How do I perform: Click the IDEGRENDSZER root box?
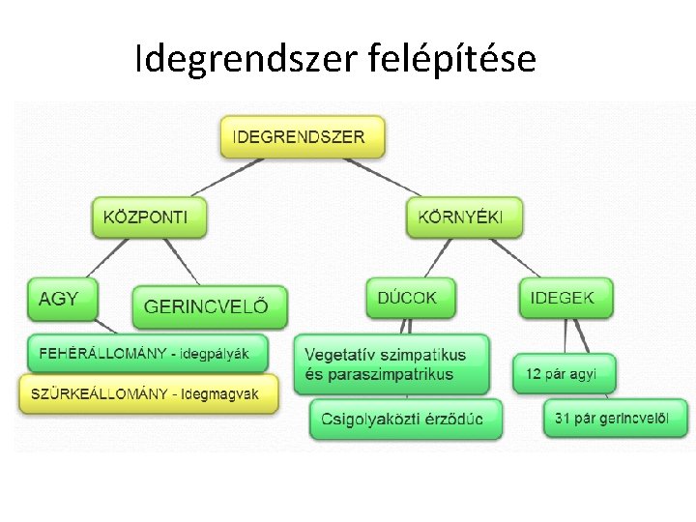click(x=303, y=136)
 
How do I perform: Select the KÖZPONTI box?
click(x=150, y=217)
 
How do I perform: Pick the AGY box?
click(x=62, y=299)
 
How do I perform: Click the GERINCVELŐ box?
click(x=210, y=306)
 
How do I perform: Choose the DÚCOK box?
click(x=410, y=298)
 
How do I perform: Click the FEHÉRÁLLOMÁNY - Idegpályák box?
click(x=145, y=354)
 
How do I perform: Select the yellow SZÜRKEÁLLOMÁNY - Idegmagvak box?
click(x=148, y=394)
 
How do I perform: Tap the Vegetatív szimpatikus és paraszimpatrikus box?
click(x=391, y=363)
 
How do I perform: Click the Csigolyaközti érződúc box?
click(x=406, y=420)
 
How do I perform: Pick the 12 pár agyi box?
click(x=564, y=373)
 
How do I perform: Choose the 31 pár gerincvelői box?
click(x=616, y=419)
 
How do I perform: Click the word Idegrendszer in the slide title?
click(x=248, y=60)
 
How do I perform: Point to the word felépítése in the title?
click(x=452, y=60)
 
